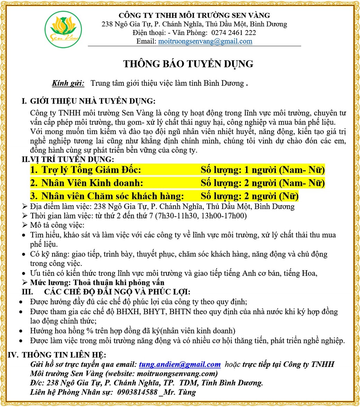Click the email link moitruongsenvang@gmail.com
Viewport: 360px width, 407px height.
point(205,42)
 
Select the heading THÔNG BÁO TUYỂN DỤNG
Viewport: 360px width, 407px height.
point(189,64)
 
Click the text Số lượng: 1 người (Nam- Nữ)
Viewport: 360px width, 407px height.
point(262,170)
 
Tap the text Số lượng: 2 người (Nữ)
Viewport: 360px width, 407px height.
point(250,196)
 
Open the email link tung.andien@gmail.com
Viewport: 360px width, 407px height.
point(179,364)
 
